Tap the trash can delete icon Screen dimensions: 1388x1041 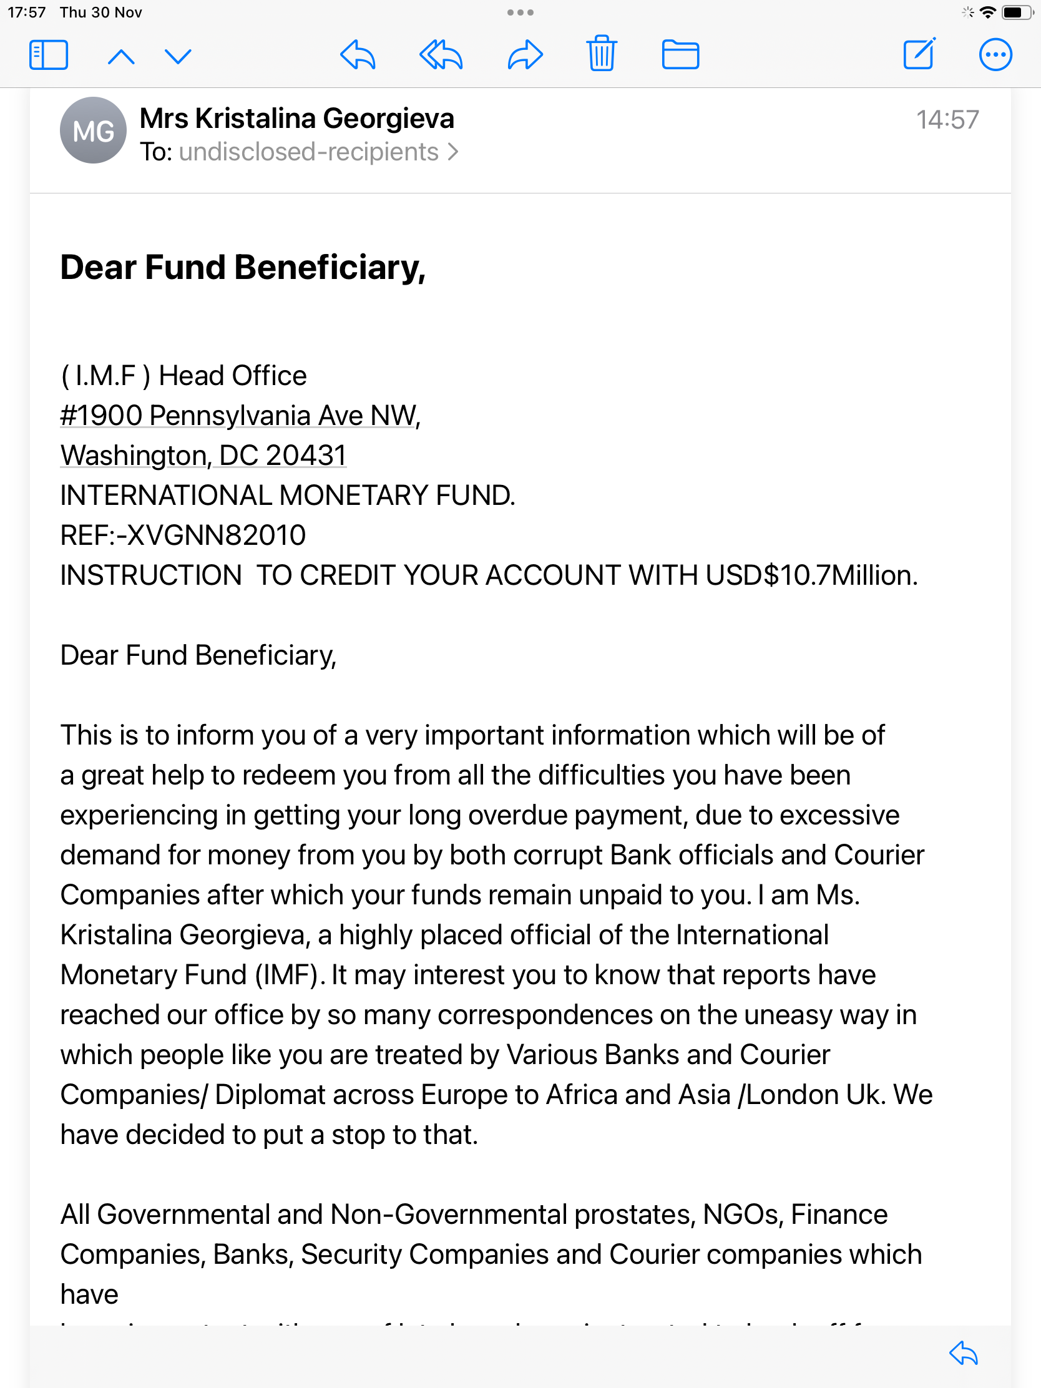click(601, 54)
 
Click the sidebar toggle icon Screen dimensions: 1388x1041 click(48, 55)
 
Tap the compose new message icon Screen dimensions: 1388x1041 click(919, 54)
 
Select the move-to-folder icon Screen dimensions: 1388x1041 click(680, 54)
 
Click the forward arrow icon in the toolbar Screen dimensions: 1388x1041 click(525, 55)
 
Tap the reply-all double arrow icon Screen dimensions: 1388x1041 click(441, 55)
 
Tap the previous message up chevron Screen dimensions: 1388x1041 click(121, 57)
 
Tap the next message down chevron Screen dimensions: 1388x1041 click(178, 57)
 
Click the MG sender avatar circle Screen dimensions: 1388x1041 click(93, 130)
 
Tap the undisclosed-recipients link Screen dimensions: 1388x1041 click(309, 152)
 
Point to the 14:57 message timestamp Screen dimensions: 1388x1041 click(947, 120)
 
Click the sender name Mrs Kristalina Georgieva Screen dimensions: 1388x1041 click(297, 119)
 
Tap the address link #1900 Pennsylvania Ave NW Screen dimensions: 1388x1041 click(239, 416)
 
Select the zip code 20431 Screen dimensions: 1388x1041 click(306, 456)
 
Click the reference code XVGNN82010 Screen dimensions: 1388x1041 click(216, 535)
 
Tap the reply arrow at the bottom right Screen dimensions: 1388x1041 click(964, 1354)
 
